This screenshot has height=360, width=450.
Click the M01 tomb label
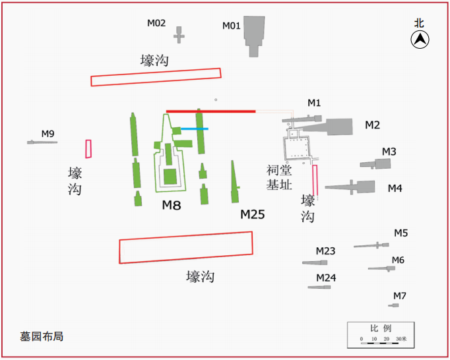point(232,26)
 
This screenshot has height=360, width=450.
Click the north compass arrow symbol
point(420,40)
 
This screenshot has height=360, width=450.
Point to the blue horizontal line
point(195,129)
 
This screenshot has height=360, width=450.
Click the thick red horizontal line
point(210,111)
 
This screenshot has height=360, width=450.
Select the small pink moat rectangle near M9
point(88,149)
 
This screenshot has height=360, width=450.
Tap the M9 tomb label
point(48,134)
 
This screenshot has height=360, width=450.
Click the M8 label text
point(172,205)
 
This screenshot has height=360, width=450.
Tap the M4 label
point(395,189)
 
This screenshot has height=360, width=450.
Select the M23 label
point(325,251)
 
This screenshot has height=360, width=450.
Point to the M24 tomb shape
point(319,287)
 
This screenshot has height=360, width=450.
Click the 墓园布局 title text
point(42,336)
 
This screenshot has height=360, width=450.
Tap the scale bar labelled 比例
point(381,334)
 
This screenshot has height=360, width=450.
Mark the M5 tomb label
point(401,233)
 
